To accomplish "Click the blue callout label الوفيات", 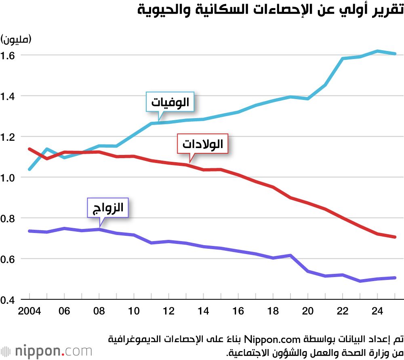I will click(x=170, y=103).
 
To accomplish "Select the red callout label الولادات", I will click(x=203, y=144).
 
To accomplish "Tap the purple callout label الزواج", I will click(x=108, y=209).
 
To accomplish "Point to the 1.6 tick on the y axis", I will click(x=8, y=55).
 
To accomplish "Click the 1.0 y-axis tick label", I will click(x=8, y=178).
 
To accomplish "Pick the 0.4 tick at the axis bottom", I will click(x=8, y=300).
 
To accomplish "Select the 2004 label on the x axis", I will click(x=29, y=311).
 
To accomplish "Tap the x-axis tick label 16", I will click(x=238, y=311).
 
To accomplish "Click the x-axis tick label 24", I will click(x=377, y=311).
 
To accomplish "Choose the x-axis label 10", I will click(x=134, y=311).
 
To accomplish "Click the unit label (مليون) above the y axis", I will click(x=17, y=40).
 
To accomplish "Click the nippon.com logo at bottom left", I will click(x=46, y=350).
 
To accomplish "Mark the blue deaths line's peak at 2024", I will click(x=377, y=51).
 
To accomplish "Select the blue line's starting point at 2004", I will click(x=29, y=169).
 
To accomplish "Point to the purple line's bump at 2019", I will click(x=290, y=255).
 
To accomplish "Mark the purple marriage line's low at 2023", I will click(x=360, y=281).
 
